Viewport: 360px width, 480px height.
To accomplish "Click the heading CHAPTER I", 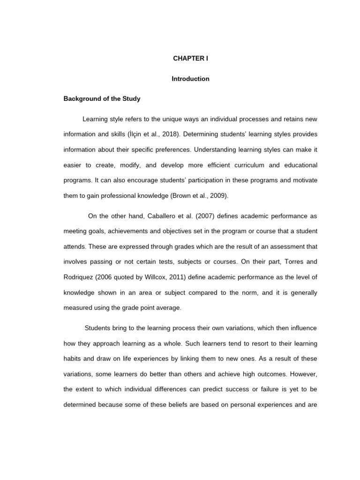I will [190, 59].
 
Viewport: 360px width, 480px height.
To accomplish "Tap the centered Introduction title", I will [190, 79].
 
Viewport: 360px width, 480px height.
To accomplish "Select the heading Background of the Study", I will [102, 99].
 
